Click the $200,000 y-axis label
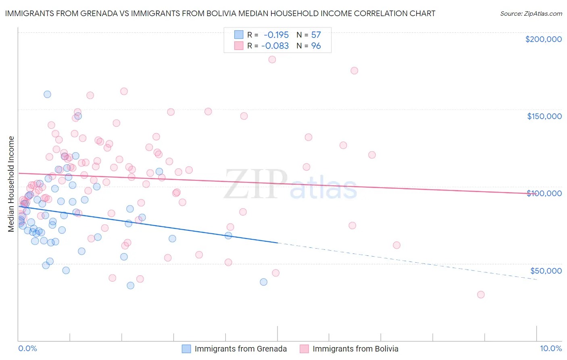543,39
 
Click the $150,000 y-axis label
544,116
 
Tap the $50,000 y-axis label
546,270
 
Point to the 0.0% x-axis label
27,348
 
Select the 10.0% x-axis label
550,348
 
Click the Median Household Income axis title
11,184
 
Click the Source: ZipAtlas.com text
531,13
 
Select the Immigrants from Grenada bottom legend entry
234,349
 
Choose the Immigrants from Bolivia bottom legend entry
349,349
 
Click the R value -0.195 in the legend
276,35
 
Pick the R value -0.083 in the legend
275,46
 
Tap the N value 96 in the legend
316,46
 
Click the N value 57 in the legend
316,35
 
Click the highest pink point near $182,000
272,59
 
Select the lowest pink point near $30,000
481,295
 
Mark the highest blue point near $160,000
47,94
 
